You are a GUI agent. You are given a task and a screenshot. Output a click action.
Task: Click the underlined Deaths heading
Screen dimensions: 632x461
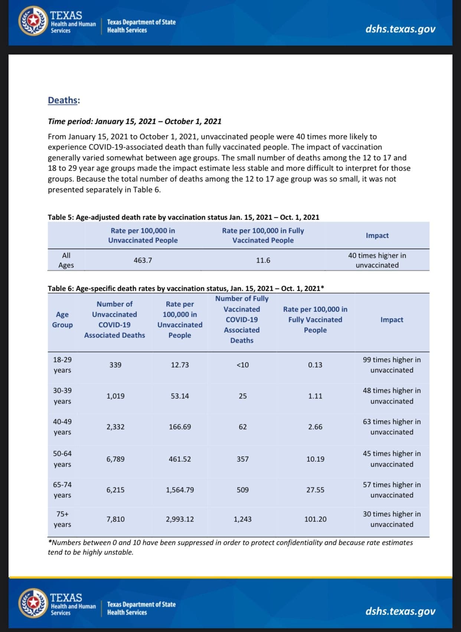[63, 101]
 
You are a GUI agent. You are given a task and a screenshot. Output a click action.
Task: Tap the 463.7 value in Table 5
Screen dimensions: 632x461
[143, 260]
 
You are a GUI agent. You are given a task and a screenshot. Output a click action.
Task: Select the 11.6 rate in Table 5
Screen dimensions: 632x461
[263, 260]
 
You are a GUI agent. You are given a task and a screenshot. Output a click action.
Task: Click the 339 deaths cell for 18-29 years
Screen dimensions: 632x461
[115, 365]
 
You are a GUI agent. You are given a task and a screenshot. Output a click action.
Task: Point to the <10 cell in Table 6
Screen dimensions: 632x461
[242, 365]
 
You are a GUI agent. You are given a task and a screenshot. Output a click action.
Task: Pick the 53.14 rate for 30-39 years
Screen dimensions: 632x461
[180, 396]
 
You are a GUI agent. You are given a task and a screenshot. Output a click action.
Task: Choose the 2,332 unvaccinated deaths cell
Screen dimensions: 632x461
[115, 427]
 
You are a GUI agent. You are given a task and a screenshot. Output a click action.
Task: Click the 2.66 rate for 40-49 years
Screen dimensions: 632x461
[315, 427]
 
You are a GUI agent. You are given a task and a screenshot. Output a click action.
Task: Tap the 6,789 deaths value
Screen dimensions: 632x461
[115, 459]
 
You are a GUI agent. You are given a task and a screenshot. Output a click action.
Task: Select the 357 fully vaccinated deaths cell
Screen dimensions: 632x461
[242, 459]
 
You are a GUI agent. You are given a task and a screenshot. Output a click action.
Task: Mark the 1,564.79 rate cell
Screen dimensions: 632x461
[180, 490]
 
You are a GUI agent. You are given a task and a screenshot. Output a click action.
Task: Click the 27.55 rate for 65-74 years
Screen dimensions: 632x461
[315, 490]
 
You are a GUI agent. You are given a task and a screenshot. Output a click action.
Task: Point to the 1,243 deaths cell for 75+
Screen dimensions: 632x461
[242, 519]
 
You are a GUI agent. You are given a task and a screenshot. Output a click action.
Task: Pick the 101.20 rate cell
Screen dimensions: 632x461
[315, 519]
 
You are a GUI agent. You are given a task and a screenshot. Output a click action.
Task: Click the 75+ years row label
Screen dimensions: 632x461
[62, 519]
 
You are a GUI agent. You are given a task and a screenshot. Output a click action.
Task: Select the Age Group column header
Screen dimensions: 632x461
[62, 320]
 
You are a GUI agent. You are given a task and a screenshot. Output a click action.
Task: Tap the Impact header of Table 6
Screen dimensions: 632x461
[392, 320]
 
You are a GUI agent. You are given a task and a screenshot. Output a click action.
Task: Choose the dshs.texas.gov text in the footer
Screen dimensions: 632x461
[400, 611]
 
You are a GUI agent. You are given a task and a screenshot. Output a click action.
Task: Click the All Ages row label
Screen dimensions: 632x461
[66, 260]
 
